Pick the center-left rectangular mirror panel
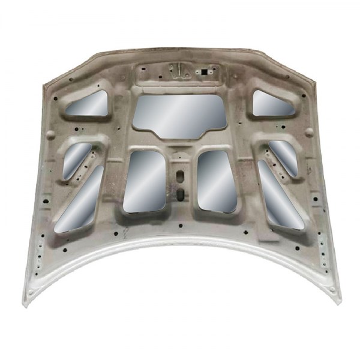click(145, 181)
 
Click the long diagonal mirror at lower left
click(81, 198)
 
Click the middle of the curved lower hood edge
click(180, 242)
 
